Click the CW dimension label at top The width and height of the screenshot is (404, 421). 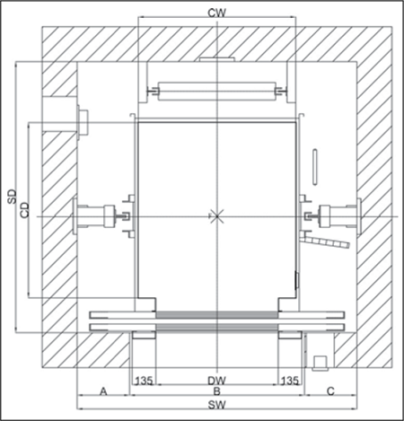point(216,13)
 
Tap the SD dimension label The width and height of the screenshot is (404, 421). point(13,197)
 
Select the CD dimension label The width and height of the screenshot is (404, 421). point(25,210)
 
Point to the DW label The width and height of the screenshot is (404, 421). point(216,381)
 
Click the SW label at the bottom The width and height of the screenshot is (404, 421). point(216,405)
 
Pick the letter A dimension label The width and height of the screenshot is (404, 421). point(103,391)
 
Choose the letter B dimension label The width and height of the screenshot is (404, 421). point(216,391)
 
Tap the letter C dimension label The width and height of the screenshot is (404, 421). point(330,391)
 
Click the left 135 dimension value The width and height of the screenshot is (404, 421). point(145,381)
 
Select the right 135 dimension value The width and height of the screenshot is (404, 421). point(290,381)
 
